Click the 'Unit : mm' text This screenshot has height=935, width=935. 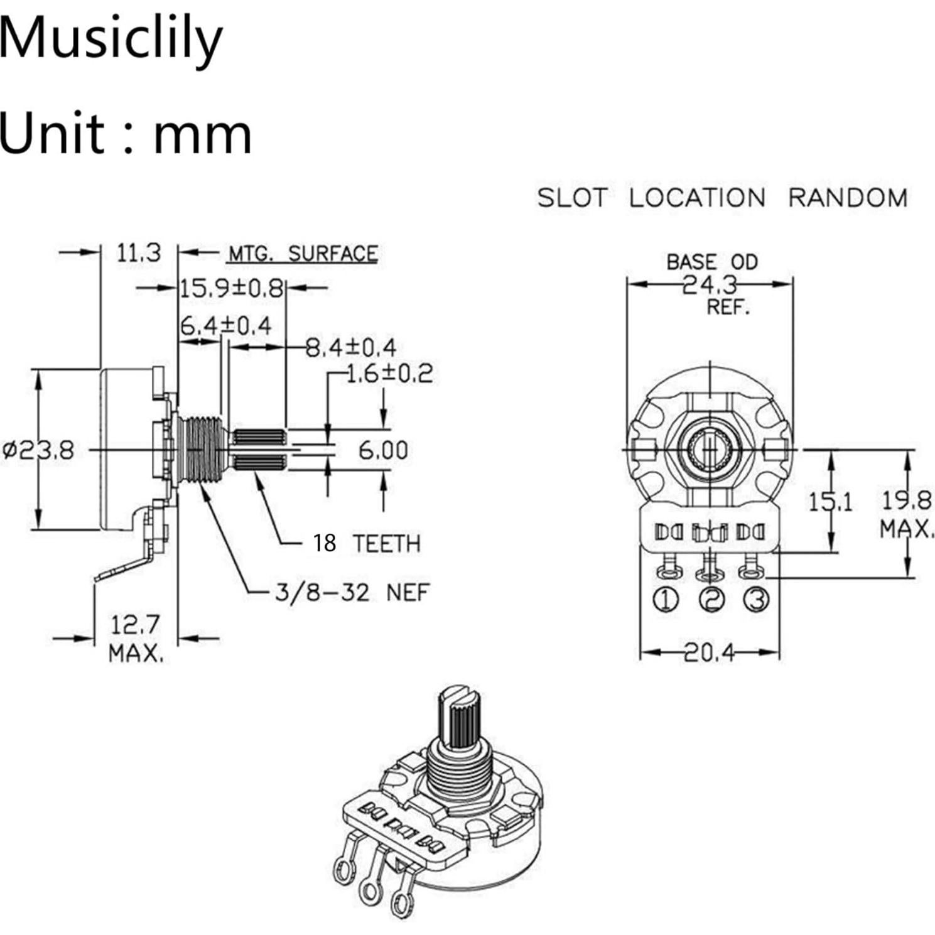(126, 133)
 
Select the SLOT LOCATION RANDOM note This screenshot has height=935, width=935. (722, 198)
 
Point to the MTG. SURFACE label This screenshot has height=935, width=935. (302, 254)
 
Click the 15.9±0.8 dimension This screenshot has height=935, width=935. (232, 288)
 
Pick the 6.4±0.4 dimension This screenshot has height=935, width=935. (226, 326)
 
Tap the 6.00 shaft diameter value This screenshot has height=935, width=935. (383, 450)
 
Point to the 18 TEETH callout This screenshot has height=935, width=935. (367, 543)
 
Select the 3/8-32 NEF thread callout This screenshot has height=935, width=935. (352, 592)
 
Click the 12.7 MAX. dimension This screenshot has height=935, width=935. (136, 639)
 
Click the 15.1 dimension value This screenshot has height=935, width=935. (830, 502)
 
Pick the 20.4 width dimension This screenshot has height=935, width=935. (709, 653)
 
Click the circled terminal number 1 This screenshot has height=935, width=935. (666, 600)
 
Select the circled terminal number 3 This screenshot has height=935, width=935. (756, 600)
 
